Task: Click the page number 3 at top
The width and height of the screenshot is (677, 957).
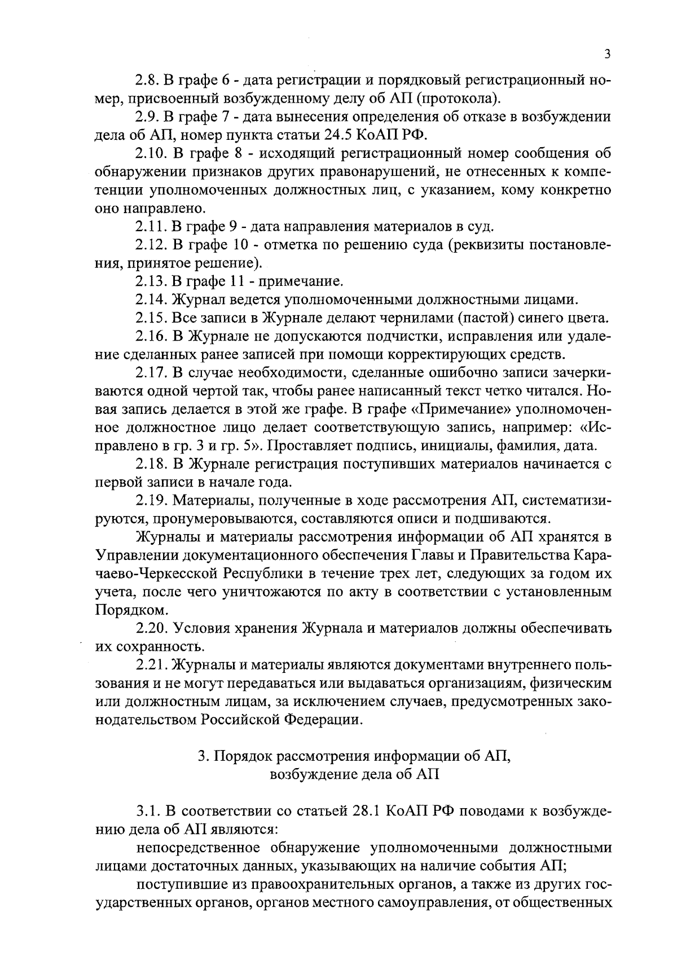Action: (606, 55)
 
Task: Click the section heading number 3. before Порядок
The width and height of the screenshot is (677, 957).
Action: (204, 757)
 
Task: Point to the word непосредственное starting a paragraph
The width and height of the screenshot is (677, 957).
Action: (197, 848)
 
